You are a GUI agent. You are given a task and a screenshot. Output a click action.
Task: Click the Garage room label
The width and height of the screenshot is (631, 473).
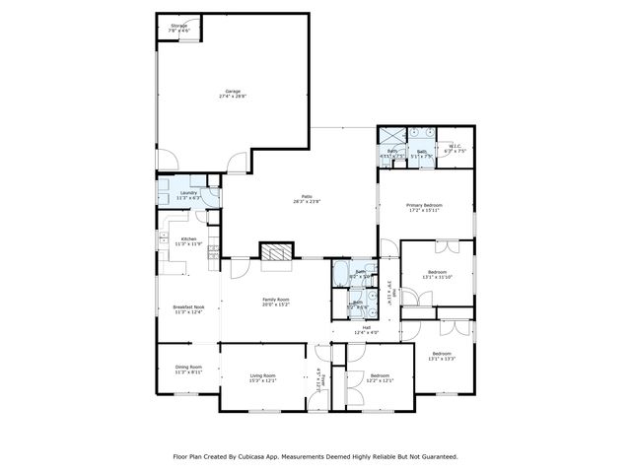coord(234,94)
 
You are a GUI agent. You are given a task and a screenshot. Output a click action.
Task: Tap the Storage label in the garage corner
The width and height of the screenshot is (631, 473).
coord(178,28)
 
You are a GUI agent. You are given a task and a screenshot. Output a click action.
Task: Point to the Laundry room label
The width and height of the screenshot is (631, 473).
coord(188,195)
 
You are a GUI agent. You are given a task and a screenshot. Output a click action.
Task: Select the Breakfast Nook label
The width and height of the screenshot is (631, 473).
coord(188,309)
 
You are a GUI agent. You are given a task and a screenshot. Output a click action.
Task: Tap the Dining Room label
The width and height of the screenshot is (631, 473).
coord(188,370)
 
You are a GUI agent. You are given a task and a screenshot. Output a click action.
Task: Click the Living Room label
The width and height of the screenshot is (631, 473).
coord(262,377)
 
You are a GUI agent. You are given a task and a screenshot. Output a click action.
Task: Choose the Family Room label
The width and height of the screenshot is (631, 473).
coord(276,302)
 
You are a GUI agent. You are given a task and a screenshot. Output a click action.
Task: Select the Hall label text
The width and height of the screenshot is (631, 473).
coord(366,329)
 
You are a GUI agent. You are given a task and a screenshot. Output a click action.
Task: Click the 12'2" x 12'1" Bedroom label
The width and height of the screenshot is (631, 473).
coord(381,377)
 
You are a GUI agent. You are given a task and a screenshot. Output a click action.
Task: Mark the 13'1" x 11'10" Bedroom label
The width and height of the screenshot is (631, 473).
coord(437,274)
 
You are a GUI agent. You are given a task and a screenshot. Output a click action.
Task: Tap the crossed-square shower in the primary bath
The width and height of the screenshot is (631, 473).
coord(392,137)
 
